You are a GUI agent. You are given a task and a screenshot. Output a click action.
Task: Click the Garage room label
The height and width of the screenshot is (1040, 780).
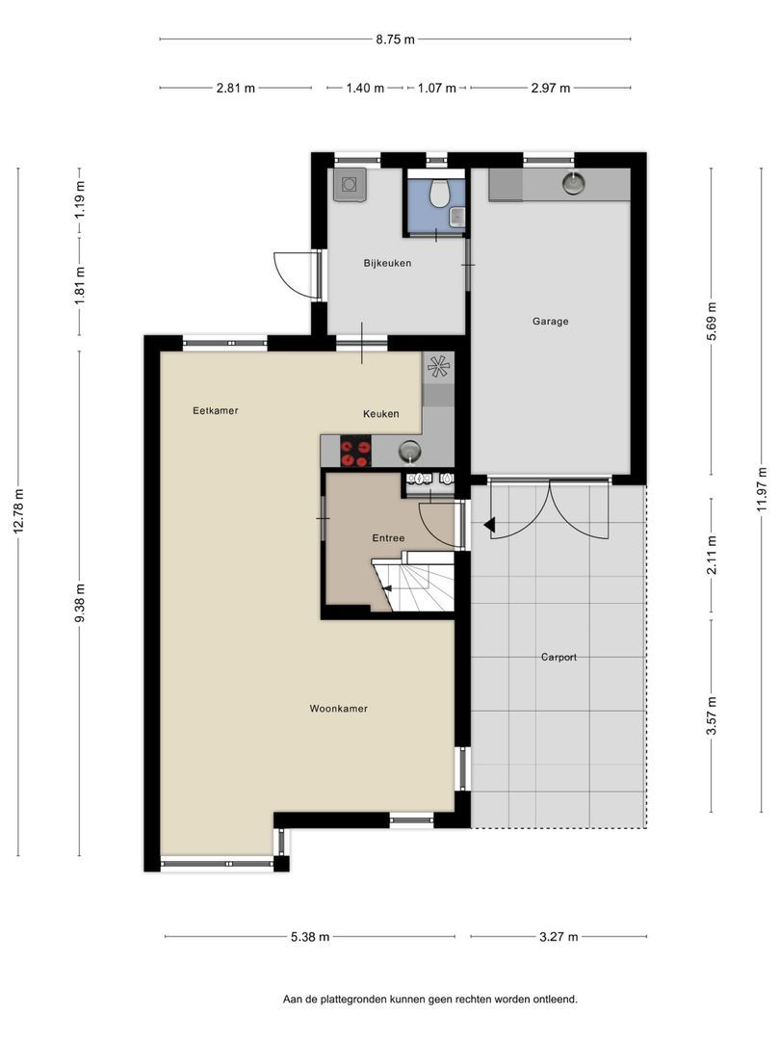coord(550,322)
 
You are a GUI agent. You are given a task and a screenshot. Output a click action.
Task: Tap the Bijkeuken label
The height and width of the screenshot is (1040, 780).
coord(387,263)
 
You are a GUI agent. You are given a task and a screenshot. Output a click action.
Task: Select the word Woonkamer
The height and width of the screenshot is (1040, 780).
coord(338,709)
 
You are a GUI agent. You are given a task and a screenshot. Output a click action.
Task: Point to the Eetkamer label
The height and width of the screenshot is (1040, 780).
coord(216,410)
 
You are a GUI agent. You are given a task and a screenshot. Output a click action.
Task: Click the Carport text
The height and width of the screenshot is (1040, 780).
coord(559,658)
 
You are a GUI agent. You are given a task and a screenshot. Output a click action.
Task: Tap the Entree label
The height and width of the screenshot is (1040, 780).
coord(388,538)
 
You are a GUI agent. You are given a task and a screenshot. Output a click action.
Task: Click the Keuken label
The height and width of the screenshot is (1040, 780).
coord(381,414)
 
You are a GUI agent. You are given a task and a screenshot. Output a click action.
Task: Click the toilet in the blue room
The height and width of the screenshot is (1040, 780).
coord(438,193)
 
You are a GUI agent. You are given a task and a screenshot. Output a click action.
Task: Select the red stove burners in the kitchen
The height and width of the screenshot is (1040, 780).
coord(355,451)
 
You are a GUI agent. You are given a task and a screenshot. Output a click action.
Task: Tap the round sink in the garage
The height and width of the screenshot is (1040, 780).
coord(573,182)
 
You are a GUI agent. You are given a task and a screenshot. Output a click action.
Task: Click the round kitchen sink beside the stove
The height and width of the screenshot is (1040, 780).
coord(410,452)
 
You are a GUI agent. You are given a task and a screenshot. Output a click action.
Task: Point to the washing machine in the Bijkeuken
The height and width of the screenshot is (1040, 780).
coord(349,184)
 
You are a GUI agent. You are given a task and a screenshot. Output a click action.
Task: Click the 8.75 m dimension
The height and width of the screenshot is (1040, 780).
coord(396,39)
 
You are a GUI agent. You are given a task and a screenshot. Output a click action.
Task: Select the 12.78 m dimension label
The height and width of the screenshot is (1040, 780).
coord(18,510)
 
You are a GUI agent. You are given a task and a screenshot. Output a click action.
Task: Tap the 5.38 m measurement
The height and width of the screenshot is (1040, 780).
coord(310,937)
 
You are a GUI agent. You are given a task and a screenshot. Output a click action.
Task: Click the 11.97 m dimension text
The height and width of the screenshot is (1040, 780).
coord(762,489)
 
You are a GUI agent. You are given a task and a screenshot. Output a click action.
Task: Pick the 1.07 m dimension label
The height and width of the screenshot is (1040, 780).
coord(436,88)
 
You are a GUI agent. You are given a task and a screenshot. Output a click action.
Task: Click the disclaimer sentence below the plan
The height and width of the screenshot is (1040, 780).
coord(429,999)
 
